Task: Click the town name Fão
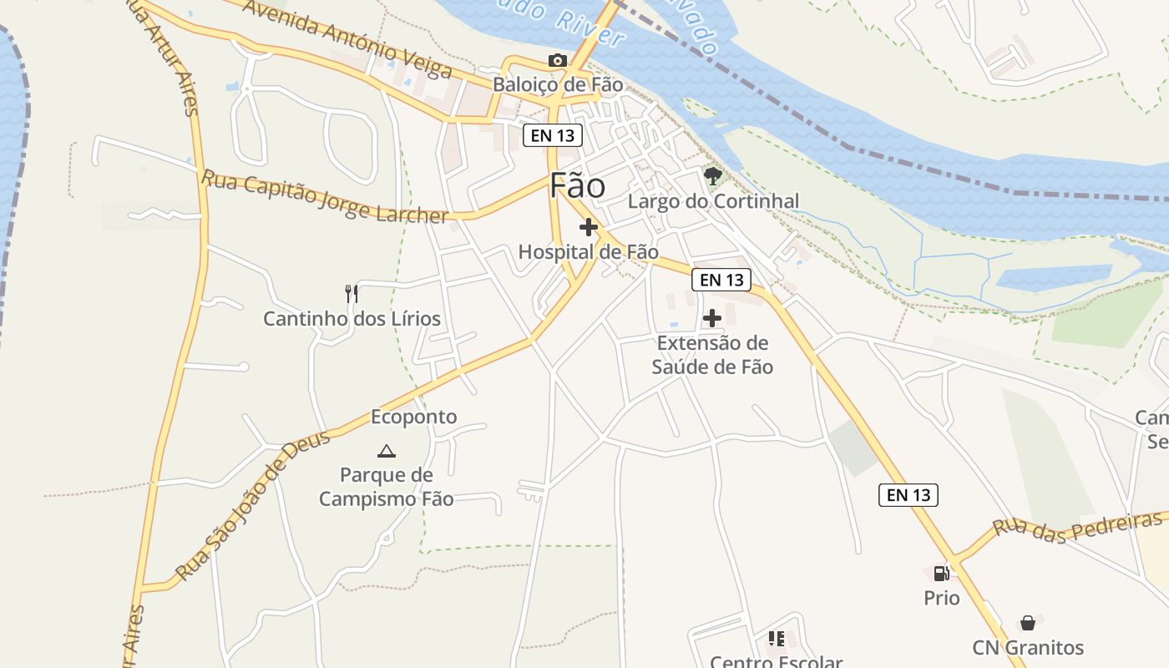(577, 186)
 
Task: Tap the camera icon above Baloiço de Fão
(557, 60)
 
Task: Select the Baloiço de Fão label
(558, 84)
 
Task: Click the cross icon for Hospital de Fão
(589, 227)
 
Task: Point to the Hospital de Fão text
(588, 251)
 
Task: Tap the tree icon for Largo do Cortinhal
(712, 176)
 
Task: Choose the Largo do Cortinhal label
(713, 201)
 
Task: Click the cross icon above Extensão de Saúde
(712, 318)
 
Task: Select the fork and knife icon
(352, 294)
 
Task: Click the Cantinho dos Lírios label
(352, 319)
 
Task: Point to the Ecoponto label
(414, 417)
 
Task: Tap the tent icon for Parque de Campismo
(386, 452)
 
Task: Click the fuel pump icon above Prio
(941, 573)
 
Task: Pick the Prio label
(942, 598)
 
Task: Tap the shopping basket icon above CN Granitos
(1028, 623)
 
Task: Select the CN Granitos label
(1028, 648)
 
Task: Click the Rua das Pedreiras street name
(1076, 528)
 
